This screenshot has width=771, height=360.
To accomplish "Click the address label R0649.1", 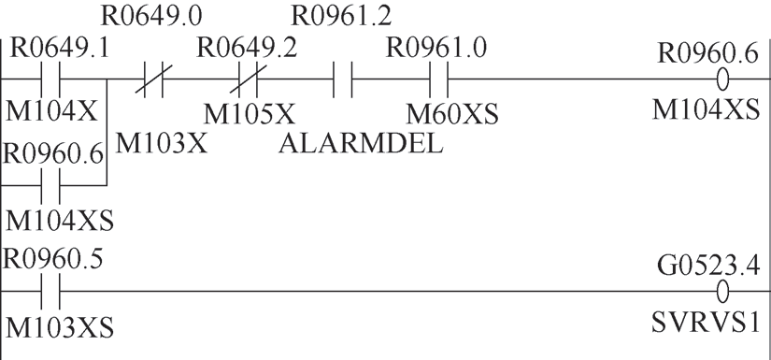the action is pyautogui.click(x=60, y=50).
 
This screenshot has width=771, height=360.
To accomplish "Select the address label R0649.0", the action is pyautogui.click(x=151, y=16).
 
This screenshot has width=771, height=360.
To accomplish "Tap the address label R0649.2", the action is pyautogui.click(x=248, y=50).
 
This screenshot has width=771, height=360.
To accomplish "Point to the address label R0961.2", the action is pyautogui.click(x=342, y=16).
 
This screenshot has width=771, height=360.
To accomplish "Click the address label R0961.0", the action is pyautogui.click(x=436, y=50).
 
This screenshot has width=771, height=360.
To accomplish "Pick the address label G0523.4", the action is pyautogui.click(x=708, y=266).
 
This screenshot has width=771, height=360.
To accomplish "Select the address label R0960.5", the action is pyautogui.click(x=53, y=259).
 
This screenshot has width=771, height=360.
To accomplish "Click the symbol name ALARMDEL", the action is pyautogui.click(x=361, y=144).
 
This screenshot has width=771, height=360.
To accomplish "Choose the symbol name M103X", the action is pyautogui.click(x=162, y=144).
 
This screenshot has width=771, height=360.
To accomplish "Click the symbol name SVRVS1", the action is pyautogui.click(x=707, y=324).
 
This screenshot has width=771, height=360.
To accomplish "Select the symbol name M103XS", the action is pyautogui.click(x=60, y=327).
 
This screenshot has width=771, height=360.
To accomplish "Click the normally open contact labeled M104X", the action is pyautogui.click(x=50, y=79).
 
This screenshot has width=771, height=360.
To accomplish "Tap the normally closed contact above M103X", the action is pyautogui.click(x=153, y=79).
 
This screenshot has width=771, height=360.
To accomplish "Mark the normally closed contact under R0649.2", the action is pyautogui.click(x=248, y=79).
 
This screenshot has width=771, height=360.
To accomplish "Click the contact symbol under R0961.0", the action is pyautogui.click(x=439, y=79).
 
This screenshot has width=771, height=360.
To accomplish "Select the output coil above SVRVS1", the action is pyautogui.click(x=722, y=292).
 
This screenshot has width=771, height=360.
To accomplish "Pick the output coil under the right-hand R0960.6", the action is pyautogui.click(x=722, y=79).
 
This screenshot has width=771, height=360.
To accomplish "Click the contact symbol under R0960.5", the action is pyautogui.click(x=50, y=292).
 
